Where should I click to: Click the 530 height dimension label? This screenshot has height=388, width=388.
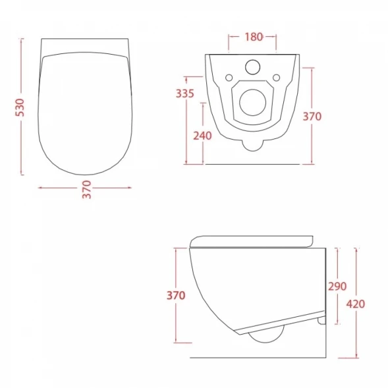pyautogui.click(x=20, y=107)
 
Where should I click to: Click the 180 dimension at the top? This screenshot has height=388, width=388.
pyautogui.click(x=254, y=37)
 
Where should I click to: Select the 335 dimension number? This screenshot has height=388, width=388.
pyautogui.click(x=185, y=94)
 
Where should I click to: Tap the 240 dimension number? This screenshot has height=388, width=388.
pyautogui.click(x=202, y=136)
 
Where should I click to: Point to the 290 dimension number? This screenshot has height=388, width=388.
pyautogui.click(x=337, y=287)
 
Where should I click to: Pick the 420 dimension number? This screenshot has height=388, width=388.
pyautogui.click(x=356, y=304)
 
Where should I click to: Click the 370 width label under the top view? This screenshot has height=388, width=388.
pyautogui.click(x=87, y=190)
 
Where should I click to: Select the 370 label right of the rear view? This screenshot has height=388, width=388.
pyautogui.click(x=312, y=117)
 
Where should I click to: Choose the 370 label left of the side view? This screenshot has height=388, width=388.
pyautogui.click(x=176, y=296)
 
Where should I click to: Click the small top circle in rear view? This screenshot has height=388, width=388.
pyautogui.click(x=253, y=67)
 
